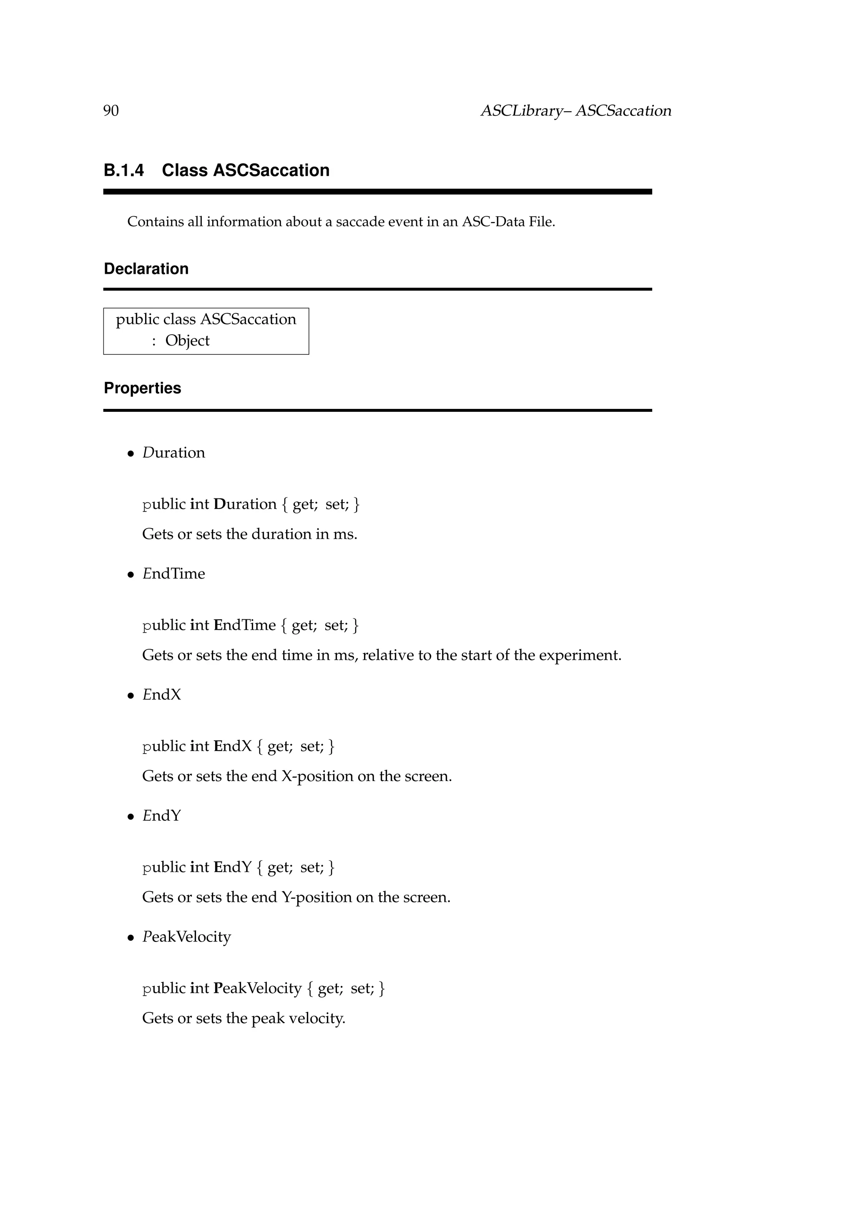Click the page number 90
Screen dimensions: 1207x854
click(111, 111)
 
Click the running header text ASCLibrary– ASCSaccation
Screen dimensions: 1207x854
click(576, 111)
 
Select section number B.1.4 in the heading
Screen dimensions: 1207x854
click(123, 170)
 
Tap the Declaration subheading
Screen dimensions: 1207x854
click(146, 269)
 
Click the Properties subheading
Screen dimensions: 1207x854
click(143, 388)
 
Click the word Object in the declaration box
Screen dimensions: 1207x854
click(187, 341)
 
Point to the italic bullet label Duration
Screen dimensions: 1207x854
click(173, 453)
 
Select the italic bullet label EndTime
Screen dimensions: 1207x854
click(173, 573)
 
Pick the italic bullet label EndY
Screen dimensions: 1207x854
click(161, 816)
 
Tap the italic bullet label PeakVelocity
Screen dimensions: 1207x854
click(187, 937)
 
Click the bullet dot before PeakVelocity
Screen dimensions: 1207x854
click(131, 938)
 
